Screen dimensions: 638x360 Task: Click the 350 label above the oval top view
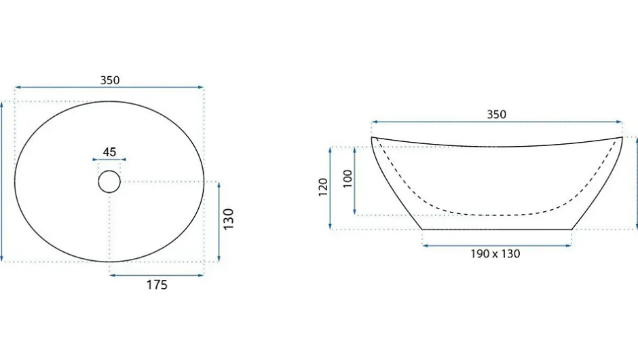pyautogui.click(x=110, y=80)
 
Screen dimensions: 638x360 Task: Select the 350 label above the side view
pyautogui.click(x=496, y=114)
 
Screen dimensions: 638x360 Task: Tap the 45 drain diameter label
pyautogui.click(x=109, y=152)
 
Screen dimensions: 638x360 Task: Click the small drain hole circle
pyautogui.click(x=109, y=170)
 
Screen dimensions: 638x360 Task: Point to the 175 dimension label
pyautogui.click(x=157, y=285)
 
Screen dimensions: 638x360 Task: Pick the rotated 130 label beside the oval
pyautogui.click(x=229, y=219)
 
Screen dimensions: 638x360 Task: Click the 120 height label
pyautogui.click(x=323, y=187)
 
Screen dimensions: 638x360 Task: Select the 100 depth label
pyautogui.click(x=348, y=179)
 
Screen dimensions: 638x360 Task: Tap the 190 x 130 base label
pyautogui.click(x=495, y=254)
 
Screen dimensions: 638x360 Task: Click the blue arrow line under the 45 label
pyautogui.click(x=109, y=160)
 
